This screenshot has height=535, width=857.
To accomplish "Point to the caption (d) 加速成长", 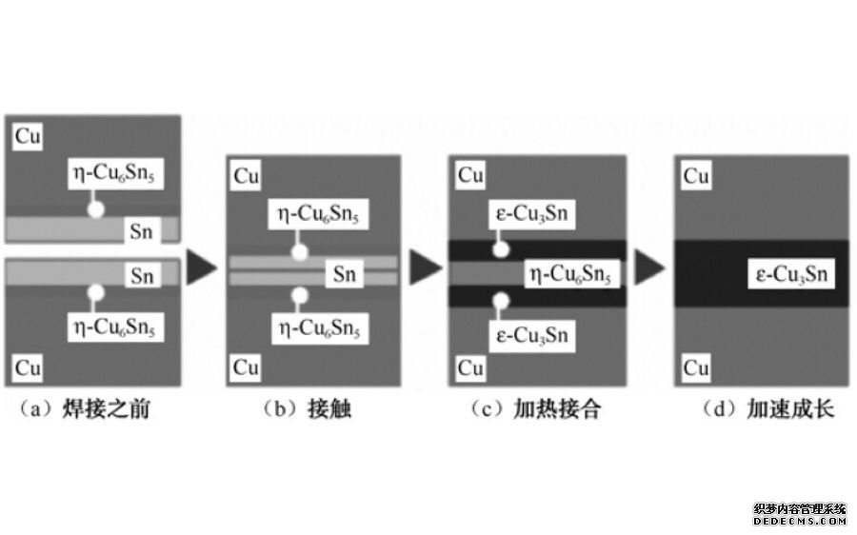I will [x=762, y=409].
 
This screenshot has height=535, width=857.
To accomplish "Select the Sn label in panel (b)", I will [x=343, y=275].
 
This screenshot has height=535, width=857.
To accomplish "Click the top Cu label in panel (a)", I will [x=28, y=136].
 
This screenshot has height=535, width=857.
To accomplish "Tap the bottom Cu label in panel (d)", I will [x=696, y=367].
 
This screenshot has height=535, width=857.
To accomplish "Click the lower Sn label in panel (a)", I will [x=143, y=276].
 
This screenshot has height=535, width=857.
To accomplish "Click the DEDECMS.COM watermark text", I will [x=799, y=521].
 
